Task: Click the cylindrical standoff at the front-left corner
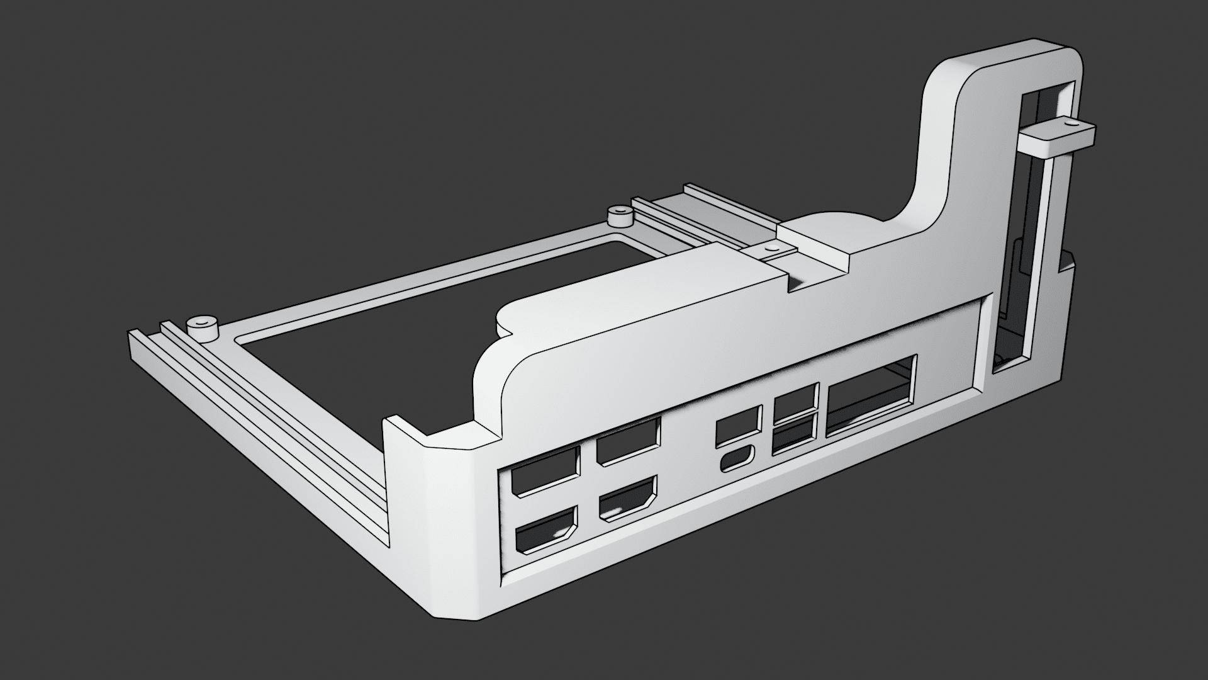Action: click(x=201, y=328)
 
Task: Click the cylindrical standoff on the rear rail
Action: click(x=620, y=216)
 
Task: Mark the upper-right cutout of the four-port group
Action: click(x=628, y=441)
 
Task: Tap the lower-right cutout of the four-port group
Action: click(x=627, y=499)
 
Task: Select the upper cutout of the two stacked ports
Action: click(x=795, y=401)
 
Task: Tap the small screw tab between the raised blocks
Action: click(x=769, y=251)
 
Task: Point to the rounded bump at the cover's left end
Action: click(x=510, y=315)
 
